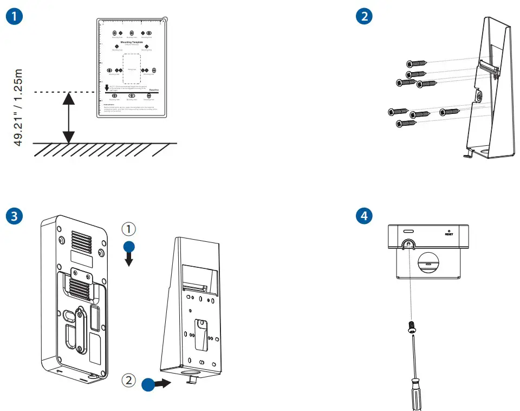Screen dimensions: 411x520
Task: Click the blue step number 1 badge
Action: [16, 16]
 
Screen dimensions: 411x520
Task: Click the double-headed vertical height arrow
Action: [68, 118]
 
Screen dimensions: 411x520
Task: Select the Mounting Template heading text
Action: [132, 41]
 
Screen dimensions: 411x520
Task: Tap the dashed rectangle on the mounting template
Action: [132, 69]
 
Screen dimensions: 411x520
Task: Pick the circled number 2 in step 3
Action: [128, 381]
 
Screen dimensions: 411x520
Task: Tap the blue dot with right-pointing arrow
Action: [150, 384]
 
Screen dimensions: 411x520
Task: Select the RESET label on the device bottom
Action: [448, 234]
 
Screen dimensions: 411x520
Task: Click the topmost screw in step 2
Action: [415, 65]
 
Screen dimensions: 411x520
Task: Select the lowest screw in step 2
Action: [406, 124]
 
